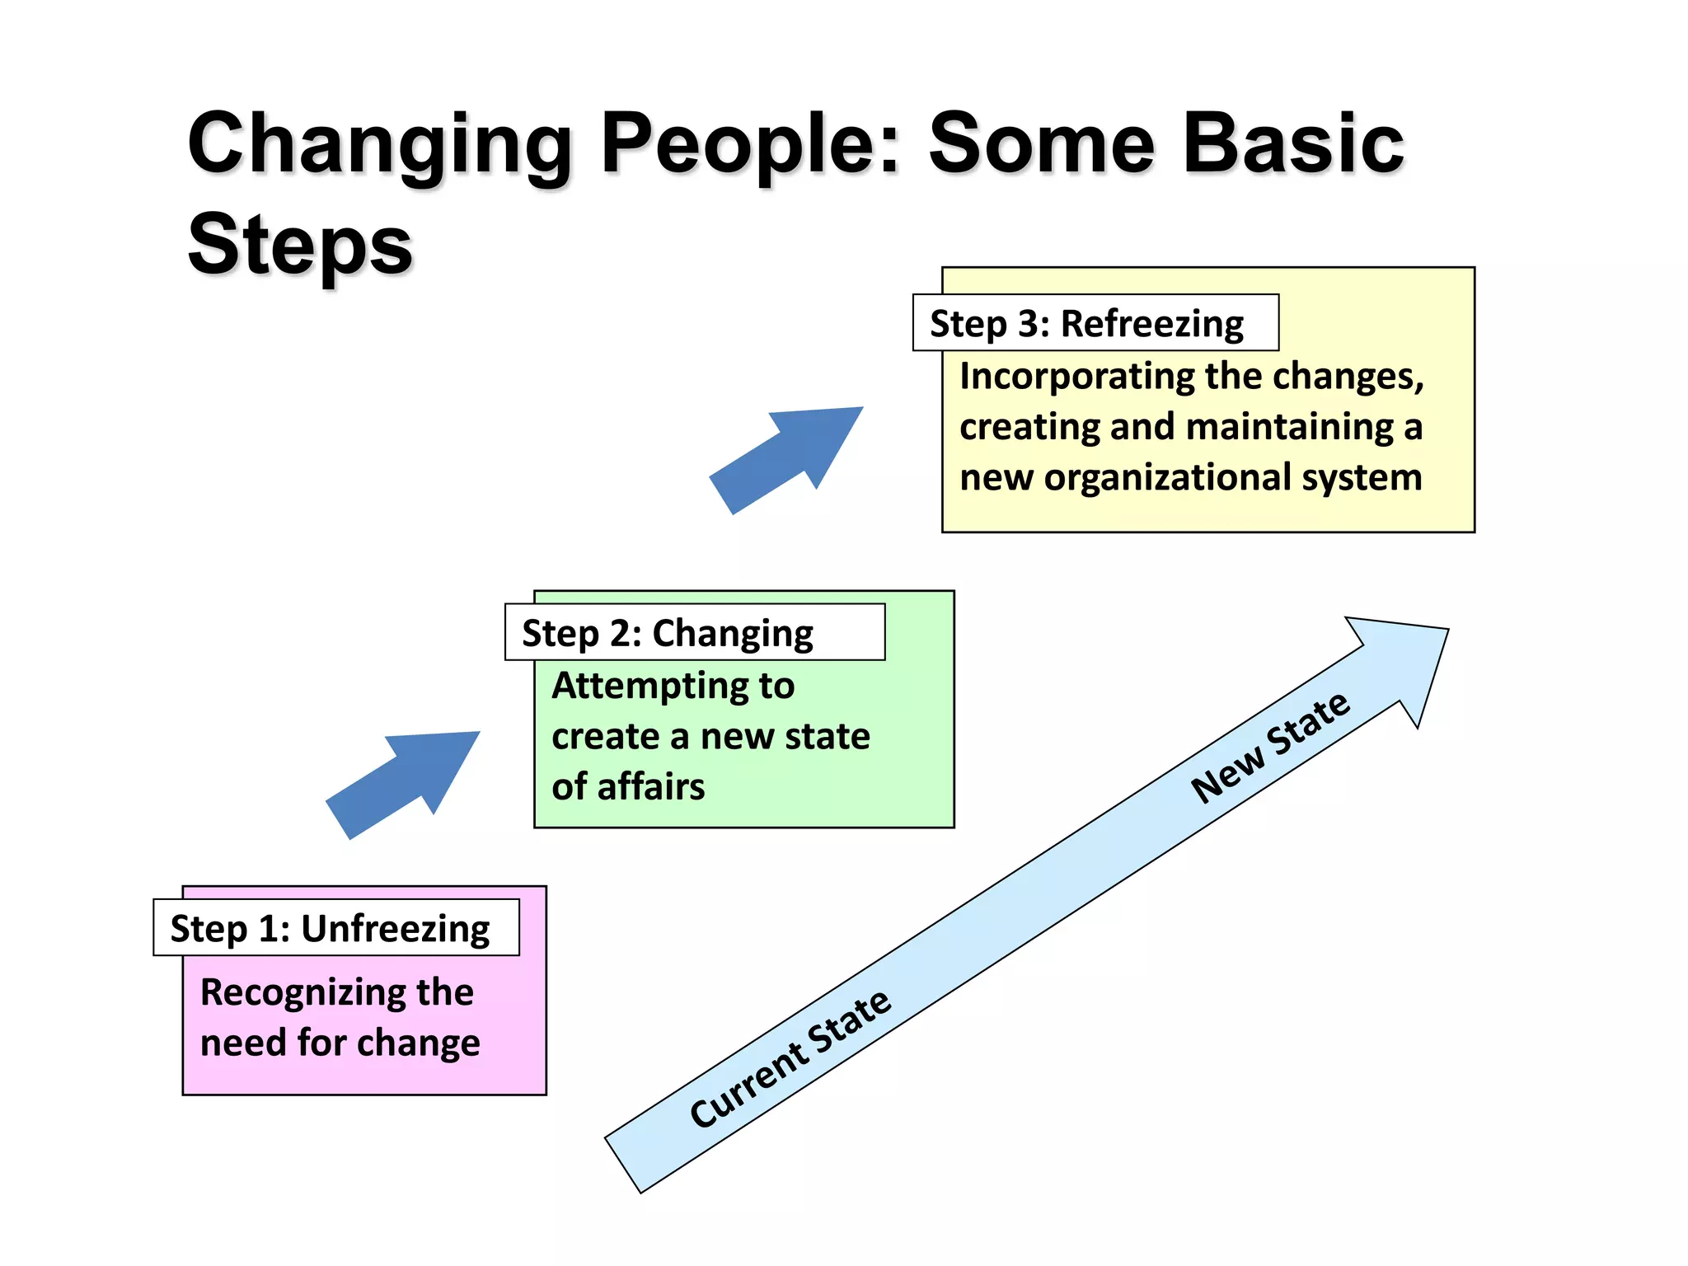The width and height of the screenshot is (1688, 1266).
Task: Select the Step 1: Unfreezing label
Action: (x=330, y=929)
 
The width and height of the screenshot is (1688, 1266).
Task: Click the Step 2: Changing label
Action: (x=668, y=634)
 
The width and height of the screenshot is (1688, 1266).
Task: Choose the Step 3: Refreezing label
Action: (x=1086, y=324)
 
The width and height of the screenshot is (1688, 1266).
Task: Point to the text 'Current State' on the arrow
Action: (x=790, y=1058)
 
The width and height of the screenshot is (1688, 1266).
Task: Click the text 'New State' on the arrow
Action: (x=1270, y=747)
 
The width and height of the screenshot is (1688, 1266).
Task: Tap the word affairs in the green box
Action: (x=651, y=787)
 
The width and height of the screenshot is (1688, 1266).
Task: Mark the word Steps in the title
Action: (x=300, y=245)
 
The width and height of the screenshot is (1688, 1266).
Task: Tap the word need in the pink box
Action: (x=243, y=1043)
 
